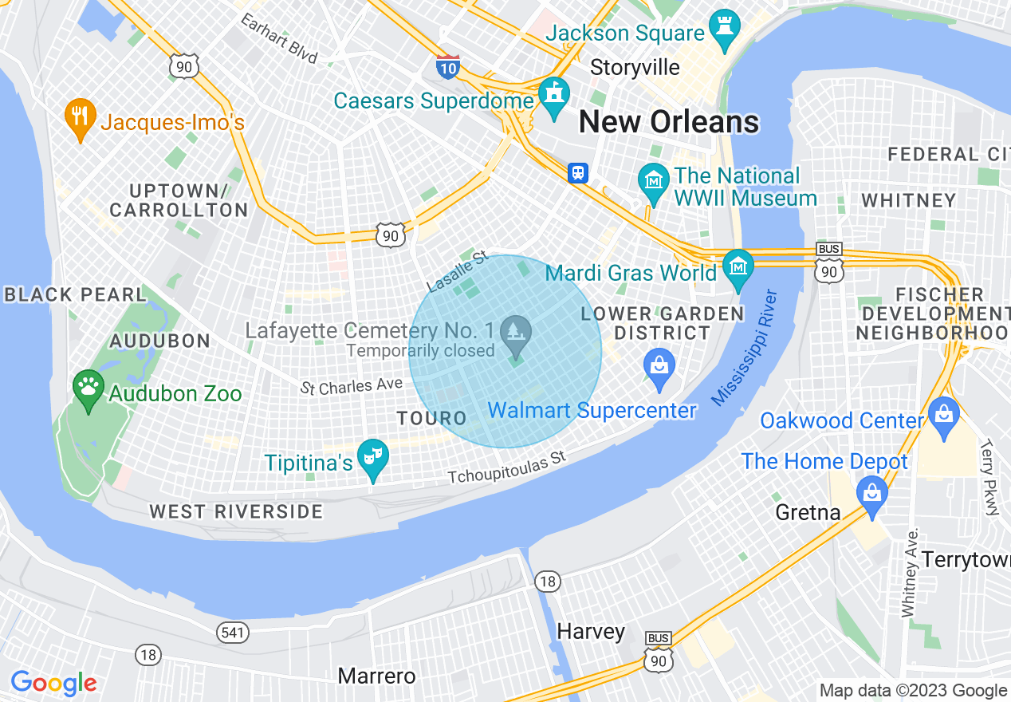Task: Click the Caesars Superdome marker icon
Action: (553, 95)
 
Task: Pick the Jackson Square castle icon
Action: (726, 28)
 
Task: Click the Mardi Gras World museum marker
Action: (738, 267)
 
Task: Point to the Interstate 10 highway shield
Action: (448, 66)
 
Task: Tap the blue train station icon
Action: (578, 172)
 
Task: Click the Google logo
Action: (53, 683)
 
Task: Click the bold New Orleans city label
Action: (668, 122)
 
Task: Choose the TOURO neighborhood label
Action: (431, 418)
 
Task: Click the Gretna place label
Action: (808, 512)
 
